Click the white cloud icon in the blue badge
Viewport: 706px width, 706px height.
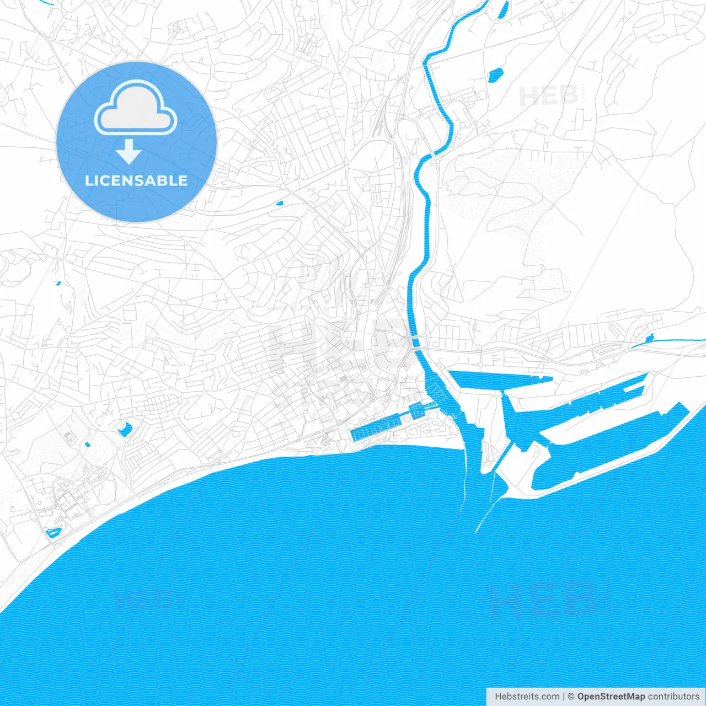coord(136,108)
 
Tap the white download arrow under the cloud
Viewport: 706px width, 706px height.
coord(129,152)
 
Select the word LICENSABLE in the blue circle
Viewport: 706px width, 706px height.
coord(136,180)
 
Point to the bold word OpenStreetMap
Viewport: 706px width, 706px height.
coord(611,697)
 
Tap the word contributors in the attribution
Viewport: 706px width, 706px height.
coord(673,697)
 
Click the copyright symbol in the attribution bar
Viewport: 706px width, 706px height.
coord(571,697)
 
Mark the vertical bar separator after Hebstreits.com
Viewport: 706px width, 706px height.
coord(563,697)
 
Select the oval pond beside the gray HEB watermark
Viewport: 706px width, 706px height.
coord(495,74)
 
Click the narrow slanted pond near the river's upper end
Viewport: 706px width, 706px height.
coord(504,10)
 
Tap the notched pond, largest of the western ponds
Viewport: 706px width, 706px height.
coord(125,429)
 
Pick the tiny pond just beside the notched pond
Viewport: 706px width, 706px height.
coord(87,444)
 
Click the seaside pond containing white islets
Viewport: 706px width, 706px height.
coord(54,532)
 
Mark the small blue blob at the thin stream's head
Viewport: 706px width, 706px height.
coord(650,336)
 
